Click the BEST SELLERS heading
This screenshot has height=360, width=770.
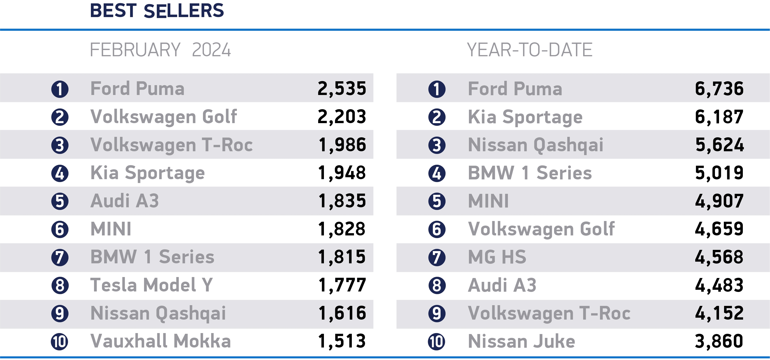click(157, 11)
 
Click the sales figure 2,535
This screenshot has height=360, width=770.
click(342, 88)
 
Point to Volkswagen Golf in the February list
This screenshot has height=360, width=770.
click(164, 117)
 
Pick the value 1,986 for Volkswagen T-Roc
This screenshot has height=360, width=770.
click(342, 145)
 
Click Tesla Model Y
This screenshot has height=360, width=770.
click(151, 285)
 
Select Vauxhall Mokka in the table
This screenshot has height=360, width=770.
click(160, 341)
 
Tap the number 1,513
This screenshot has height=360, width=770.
click(342, 341)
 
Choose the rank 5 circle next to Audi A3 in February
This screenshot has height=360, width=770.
click(60, 201)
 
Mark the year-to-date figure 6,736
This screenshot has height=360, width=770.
click(719, 88)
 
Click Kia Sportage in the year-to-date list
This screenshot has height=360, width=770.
click(525, 117)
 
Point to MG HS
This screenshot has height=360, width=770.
click(497, 257)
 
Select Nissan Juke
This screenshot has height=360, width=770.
click(521, 341)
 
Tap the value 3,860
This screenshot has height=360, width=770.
click(719, 341)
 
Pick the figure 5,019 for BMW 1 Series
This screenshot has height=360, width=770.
click(719, 173)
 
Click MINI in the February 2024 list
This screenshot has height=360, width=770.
click(111, 229)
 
